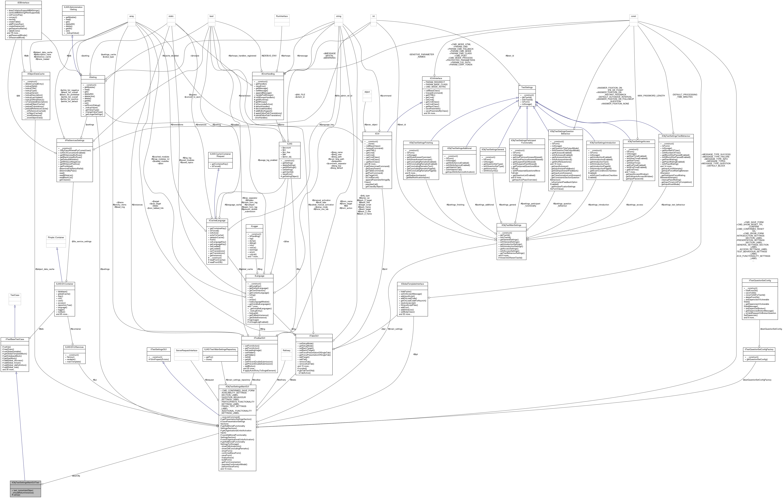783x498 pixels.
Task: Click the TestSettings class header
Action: pyautogui.click(x=527, y=87)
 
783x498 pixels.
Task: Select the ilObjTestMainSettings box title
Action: pyautogui.click(x=511, y=225)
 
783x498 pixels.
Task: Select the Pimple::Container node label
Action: pyautogui.click(x=56, y=237)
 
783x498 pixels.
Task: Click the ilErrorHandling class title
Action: pyautogui.click(x=268, y=74)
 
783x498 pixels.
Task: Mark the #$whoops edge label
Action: pyautogui.click(x=285, y=56)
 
